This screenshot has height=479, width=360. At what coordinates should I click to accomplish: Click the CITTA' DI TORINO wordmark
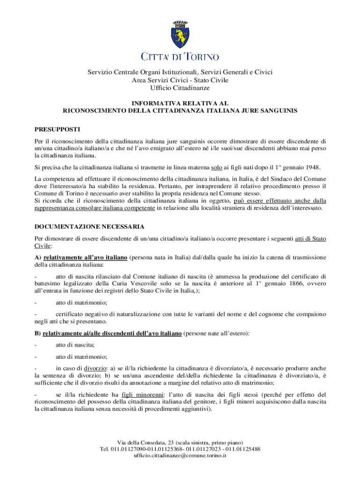(180, 57)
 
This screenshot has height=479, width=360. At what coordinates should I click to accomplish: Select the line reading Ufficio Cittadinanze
(180, 88)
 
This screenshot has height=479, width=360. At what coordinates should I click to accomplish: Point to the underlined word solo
(216, 167)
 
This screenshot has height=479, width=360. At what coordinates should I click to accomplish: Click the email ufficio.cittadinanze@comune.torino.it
(180, 455)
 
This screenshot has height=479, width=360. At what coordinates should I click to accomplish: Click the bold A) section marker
(38, 257)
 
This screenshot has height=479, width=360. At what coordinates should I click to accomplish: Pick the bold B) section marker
(38, 333)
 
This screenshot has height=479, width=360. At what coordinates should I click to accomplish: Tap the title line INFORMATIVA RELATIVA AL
(180, 103)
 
